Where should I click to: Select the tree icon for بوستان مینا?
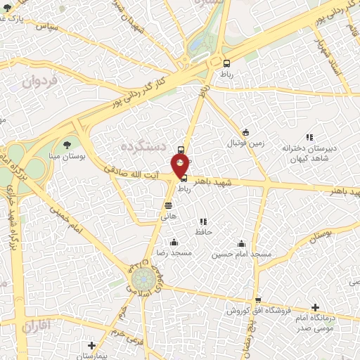pos(67,144)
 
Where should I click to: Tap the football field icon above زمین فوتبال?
pos(245,131)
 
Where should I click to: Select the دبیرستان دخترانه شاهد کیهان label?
pos(309,153)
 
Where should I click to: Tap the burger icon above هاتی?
pos(168,205)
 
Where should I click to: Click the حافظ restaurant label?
pos(203,231)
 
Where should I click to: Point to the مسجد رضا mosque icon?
pos(174,243)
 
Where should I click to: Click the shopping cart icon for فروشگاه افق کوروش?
pos(258,300)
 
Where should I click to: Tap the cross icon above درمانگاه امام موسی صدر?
pos(315,307)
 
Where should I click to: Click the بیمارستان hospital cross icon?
pos(91,345)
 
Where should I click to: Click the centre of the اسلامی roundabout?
pos(144,278)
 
